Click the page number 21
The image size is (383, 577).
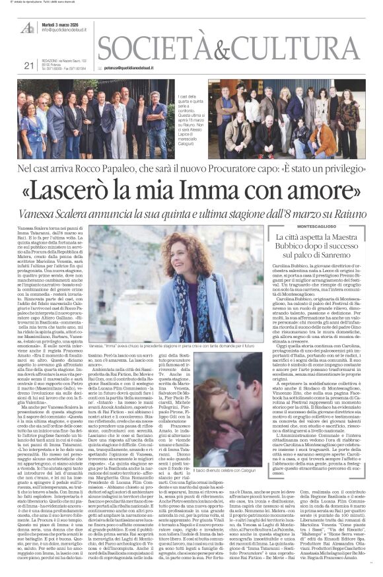pyautogui.click(x=28, y=65)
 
